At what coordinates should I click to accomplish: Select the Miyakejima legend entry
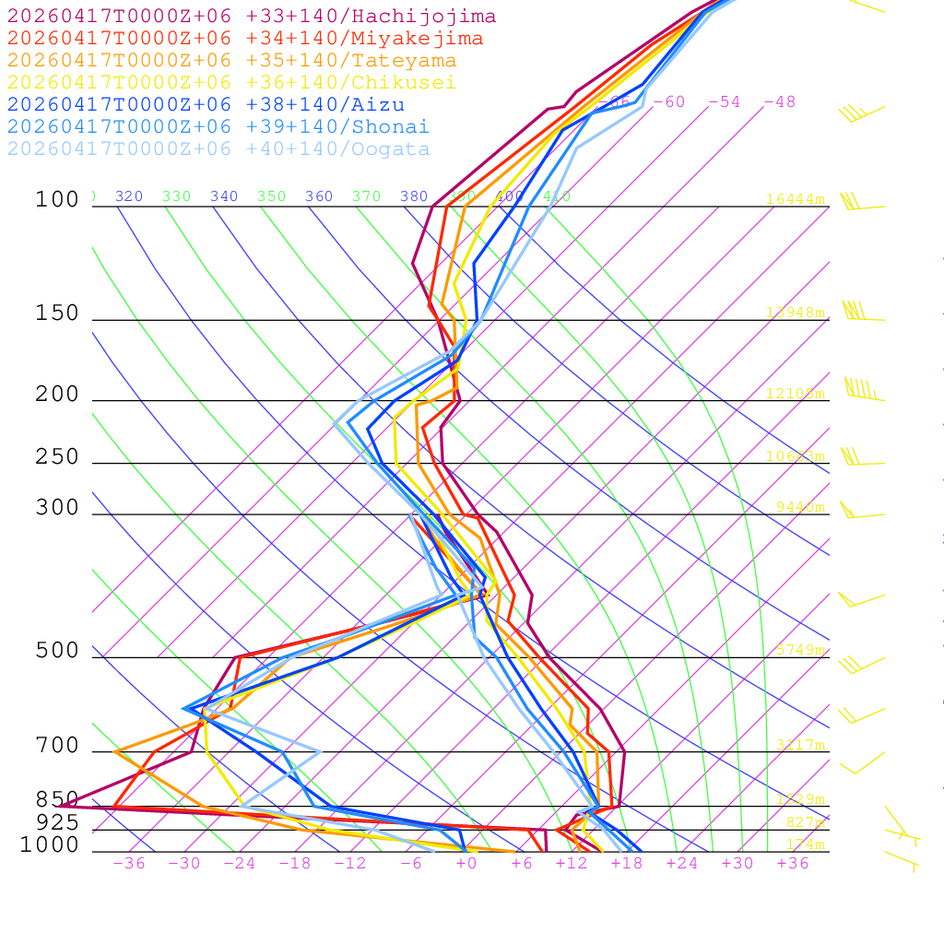pos(245,39)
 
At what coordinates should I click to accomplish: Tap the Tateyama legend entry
pos(231,61)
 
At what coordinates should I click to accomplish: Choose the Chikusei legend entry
pos(231,83)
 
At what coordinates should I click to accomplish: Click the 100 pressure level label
pos(57,200)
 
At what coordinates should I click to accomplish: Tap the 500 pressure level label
pos(57,652)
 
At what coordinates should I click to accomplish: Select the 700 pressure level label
pos(57,747)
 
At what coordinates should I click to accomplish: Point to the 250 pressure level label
pos(57,458)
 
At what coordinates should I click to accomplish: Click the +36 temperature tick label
pos(792,864)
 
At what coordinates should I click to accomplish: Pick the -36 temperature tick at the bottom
pos(128,864)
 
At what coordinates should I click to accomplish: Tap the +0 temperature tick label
pos(466,864)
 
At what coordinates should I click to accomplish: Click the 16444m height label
pos(795,199)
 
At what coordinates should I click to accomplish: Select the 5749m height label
pos(800,650)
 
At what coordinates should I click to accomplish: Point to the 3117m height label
pos(800,745)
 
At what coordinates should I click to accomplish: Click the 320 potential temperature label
pos(129,196)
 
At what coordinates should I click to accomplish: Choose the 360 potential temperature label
pos(319,196)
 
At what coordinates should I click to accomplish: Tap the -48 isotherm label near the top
pos(779,102)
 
